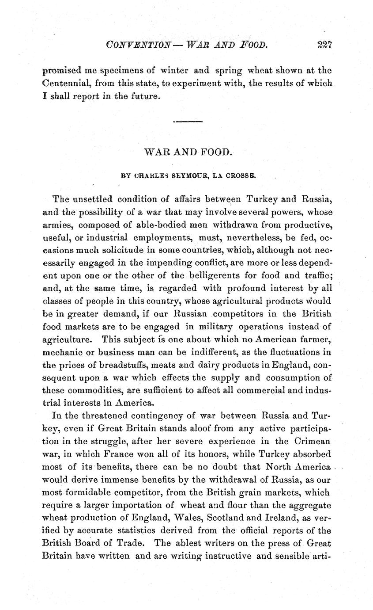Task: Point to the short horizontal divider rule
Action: coord(188,121)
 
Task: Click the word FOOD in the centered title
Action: coord(217,152)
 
